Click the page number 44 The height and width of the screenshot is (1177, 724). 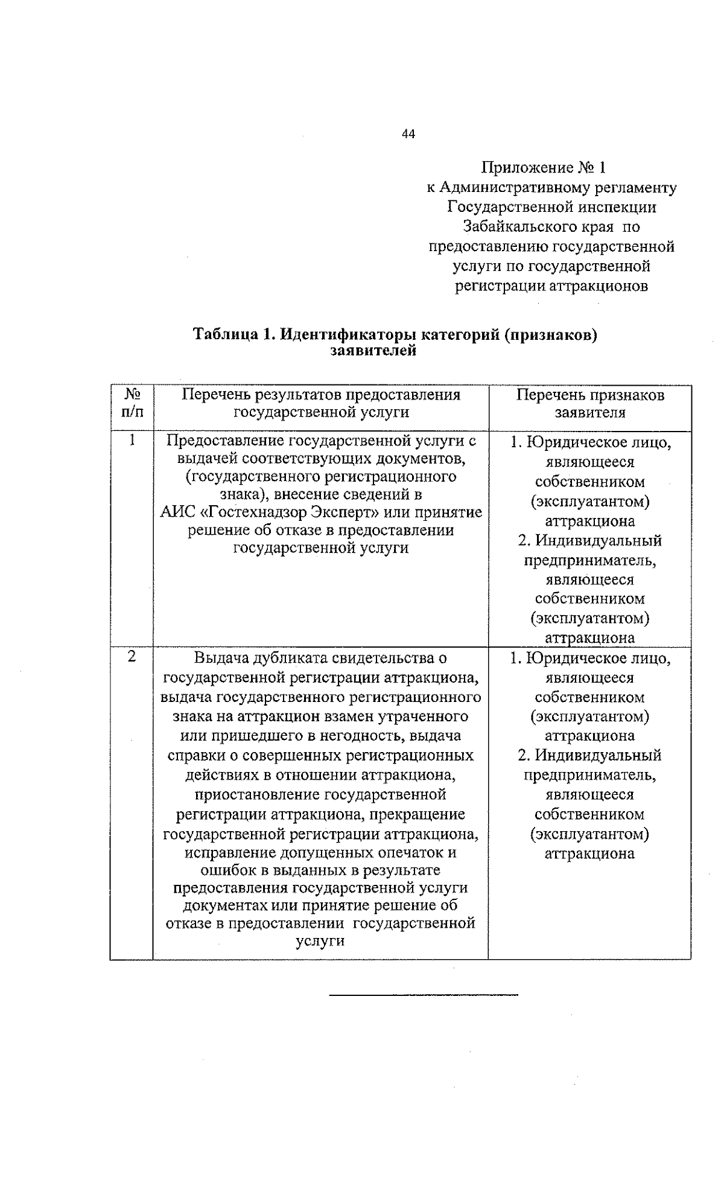click(x=408, y=135)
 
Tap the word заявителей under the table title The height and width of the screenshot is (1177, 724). click(x=373, y=351)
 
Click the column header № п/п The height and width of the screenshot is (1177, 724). click(x=132, y=403)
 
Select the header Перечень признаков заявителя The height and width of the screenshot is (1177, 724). click(x=589, y=403)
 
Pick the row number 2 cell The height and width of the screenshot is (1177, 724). click(x=132, y=657)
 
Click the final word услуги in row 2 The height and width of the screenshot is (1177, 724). click(x=320, y=941)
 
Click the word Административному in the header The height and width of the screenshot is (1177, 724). click(x=506, y=188)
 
